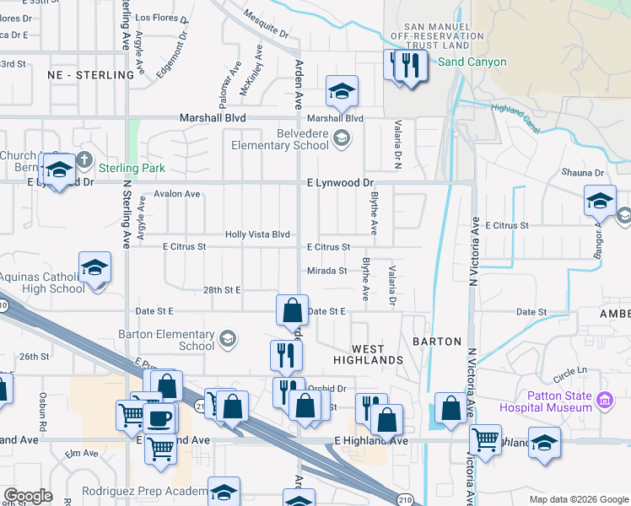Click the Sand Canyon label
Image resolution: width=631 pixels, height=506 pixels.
tap(472, 62)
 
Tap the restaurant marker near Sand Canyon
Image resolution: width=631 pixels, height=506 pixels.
tap(409, 65)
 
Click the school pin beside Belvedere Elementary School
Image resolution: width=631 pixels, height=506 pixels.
tap(342, 138)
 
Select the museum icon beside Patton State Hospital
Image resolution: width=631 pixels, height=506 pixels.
tap(604, 399)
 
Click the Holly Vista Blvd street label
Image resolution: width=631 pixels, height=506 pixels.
tap(257, 234)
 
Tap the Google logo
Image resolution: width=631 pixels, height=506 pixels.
tap(28, 496)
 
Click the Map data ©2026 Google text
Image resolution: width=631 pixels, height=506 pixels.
tap(578, 499)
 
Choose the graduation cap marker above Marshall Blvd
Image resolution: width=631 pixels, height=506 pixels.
tap(342, 92)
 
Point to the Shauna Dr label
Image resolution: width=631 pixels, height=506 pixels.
tap(583, 173)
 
